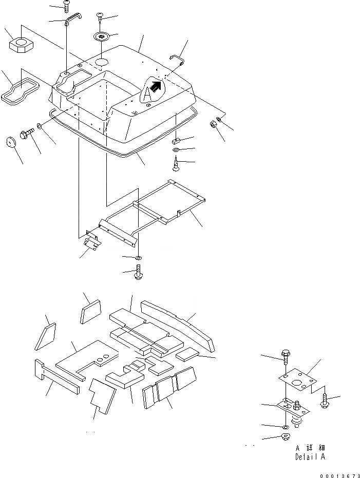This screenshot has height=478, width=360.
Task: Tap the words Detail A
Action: tap(310, 456)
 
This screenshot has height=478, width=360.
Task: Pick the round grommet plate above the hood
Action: tap(101, 37)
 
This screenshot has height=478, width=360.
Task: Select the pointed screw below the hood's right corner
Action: tap(175, 165)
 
